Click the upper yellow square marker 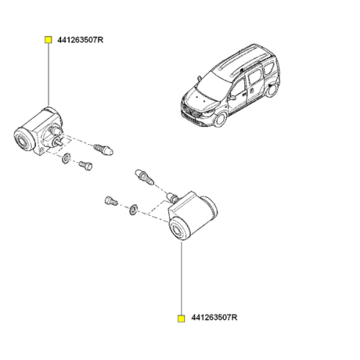coord(48,40)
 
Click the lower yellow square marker coord(181,318)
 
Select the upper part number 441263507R coord(81,40)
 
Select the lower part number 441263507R coord(214,318)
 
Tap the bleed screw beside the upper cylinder coord(104,150)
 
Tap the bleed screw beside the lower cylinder coord(145,177)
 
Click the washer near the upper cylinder coord(66,158)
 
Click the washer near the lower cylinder coord(133,210)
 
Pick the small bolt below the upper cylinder coord(86,166)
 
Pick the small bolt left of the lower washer coord(111,201)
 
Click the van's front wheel coord(220,120)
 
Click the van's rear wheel coord(272,91)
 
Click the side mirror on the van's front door coord(233,98)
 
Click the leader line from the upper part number coord(48,74)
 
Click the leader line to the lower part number coord(181,279)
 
